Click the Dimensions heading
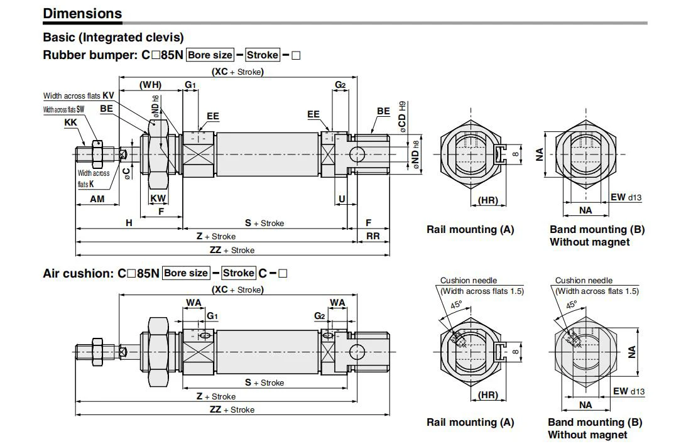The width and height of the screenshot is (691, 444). click(x=82, y=13)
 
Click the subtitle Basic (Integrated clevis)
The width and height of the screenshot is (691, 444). click(x=113, y=37)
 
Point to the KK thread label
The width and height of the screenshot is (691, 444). click(x=70, y=122)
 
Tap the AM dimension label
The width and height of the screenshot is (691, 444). click(x=97, y=198)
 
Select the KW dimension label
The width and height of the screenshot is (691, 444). click(x=158, y=198)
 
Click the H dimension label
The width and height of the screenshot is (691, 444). click(x=129, y=223)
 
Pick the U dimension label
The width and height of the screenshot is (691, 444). click(x=342, y=199)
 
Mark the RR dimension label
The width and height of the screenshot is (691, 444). click(x=373, y=236)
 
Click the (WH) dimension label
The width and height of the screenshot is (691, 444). click(x=150, y=85)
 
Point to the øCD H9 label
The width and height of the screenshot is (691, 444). click(x=402, y=117)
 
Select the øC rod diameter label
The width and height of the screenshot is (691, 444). click(x=127, y=173)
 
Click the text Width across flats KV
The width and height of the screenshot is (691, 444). click(x=79, y=95)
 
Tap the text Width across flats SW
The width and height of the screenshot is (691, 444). click(x=63, y=109)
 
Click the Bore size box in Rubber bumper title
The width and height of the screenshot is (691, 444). click(x=210, y=55)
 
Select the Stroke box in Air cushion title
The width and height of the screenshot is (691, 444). click(x=239, y=273)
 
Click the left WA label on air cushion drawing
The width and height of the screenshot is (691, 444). click(x=193, y=303)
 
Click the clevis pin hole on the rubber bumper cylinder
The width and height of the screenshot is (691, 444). click(x=357, y=154)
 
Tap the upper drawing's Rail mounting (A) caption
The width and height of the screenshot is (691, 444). click(x=471, y=229)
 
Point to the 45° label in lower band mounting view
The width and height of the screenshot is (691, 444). click(x=572, y=305)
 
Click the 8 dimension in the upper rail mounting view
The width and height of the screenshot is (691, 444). click(x=516, y=154)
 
